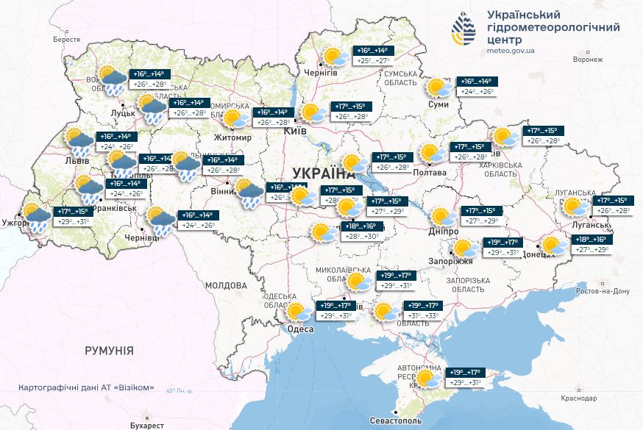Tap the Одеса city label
click(299, 329)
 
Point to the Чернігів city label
click(321, 73)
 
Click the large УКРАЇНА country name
click(323, 173)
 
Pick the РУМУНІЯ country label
click(109, 351)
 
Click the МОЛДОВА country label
click(226, 285)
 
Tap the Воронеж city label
click(587, 59)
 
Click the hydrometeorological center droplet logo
click(463, 29)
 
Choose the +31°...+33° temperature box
click(422, 311)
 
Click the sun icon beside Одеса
click(296, 312)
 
